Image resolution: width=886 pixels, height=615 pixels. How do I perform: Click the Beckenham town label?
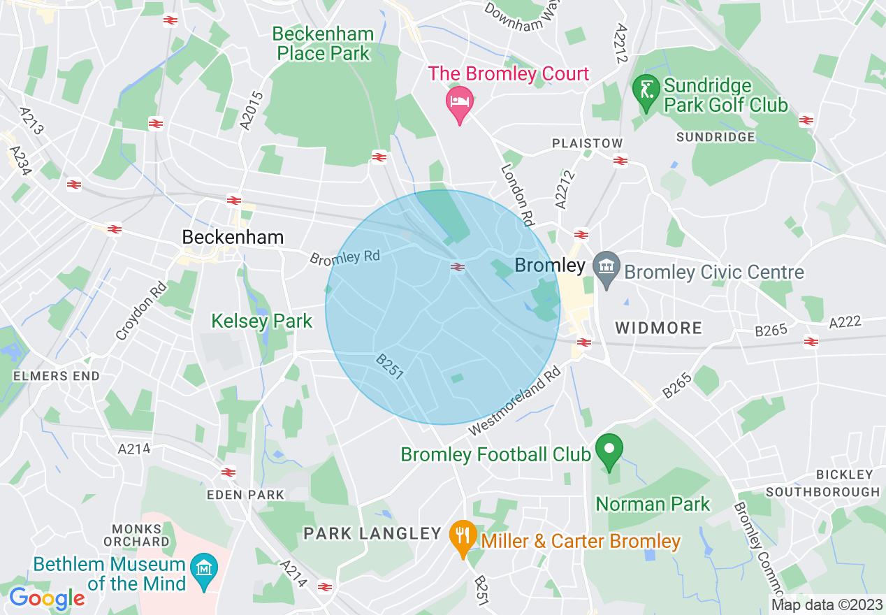click(233, 238)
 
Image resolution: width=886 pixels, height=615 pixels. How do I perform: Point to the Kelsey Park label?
click(262, 321)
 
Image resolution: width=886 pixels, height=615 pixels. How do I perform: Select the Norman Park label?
click(653, 504)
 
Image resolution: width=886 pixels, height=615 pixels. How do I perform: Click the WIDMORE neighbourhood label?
click(658, 328)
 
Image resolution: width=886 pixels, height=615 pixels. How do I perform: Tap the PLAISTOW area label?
click(587, 143)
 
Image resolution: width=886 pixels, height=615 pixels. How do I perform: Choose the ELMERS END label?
click(57, 376)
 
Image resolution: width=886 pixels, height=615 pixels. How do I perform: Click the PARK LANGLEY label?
click(372, 534)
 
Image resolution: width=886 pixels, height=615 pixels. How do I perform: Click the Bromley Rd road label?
click(344, 257)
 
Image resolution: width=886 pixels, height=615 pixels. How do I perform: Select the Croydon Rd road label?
click(142, 311)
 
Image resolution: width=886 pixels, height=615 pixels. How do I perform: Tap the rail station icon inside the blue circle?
click(458, 266)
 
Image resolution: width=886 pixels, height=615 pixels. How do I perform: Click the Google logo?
click(47, 598)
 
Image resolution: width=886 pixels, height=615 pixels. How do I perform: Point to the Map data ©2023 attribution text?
click(826, 605)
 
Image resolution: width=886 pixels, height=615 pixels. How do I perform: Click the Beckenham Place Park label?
click(323, 43)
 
